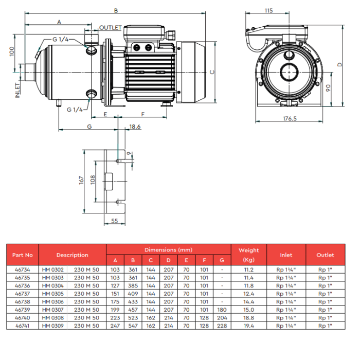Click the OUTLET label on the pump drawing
pyautogui.click(x=110, y=28)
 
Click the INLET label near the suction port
pyautogui.click(x=17, y=91)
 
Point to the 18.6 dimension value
pyautogui.click(x=135, y=127)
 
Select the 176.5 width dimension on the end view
pyautogui.click(x=290, y=118)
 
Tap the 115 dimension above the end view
pyautogui.click(x=268, y=11)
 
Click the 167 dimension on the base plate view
pyautogui.click(x=81, y=180)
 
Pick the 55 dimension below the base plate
pyautogui.click(x=115, y=221)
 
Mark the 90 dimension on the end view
pyautogui.click(x=328, y=88)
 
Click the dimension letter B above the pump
pyautogui.click(x=116, y=11)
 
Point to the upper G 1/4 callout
pyautogui.click(x=60, y=40)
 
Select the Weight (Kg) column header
pyautogui.click(x=248, y=255)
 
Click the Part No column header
pyautogui.click(x=23, y=255)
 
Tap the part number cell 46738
pyautogui.click(x=23, y=301)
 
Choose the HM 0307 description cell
pyautogui.click(x=53, y=310)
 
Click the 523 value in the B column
pyautogui.click(x=133, y=317)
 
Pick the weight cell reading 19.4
pyautogui.click(x=248, y=326)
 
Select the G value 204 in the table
pyautogui.click(x=222, y=317)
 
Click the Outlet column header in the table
pyautogui.click(x=326, y=255)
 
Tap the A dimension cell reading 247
pyautogui.click(x=115, y=326)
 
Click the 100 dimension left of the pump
pyautogui.click(x=12, y=51)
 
